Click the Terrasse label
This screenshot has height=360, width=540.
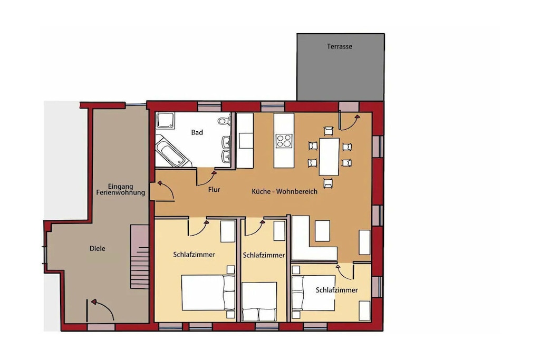339,46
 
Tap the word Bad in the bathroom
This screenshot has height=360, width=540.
197,132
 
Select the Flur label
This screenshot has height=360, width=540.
214,189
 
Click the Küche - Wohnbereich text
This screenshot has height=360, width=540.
284,191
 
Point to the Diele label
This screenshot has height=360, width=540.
97,248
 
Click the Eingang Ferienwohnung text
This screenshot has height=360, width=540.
121,190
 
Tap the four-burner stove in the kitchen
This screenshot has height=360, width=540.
284,141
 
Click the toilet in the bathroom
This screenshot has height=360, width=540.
224,121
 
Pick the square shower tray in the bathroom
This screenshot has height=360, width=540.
165,121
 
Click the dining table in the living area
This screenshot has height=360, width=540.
329,157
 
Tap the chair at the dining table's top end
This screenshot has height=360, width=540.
329,131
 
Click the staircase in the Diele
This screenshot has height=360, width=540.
139,257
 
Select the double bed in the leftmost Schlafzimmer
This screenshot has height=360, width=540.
208,293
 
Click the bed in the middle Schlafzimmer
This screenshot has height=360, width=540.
259,301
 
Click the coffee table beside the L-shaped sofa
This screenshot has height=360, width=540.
322,230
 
